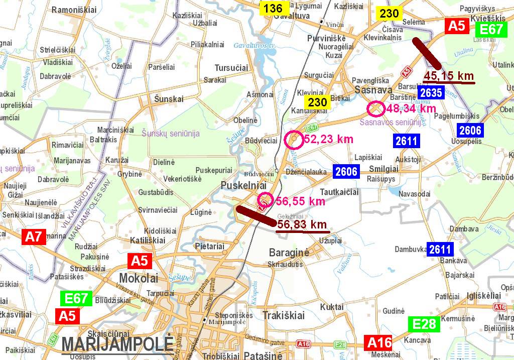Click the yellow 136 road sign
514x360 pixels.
[274, 8]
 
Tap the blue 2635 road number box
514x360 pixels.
[431, 92]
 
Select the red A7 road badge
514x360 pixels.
[34, 237]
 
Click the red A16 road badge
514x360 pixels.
[379, 343]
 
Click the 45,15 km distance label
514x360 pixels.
[449, 76]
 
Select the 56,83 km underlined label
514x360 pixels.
[302, 224]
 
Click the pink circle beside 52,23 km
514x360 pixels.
[293, 140]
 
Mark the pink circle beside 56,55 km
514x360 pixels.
[265, 200]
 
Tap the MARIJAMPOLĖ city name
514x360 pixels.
[117, 345]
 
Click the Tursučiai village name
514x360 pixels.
[231, 68]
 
